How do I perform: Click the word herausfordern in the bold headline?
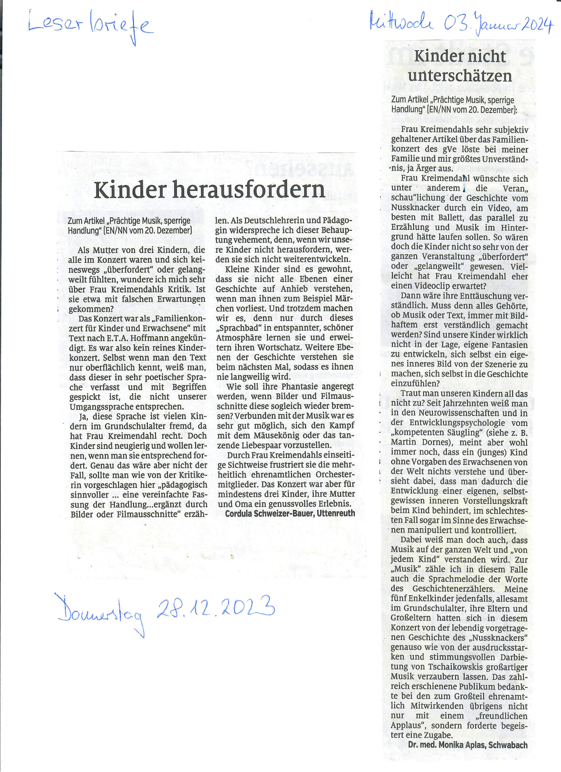pos(248,191)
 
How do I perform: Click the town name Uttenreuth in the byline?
pos(336,513)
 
